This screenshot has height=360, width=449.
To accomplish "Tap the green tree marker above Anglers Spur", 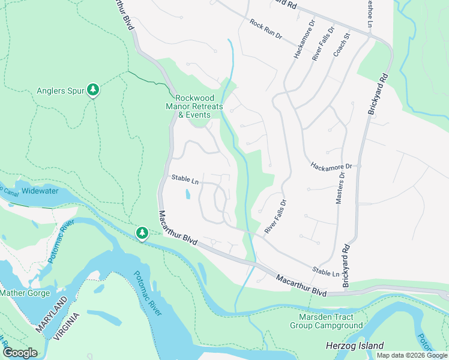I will (93, 90).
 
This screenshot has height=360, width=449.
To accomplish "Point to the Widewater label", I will (40, 191).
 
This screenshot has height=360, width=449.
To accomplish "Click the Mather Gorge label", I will (26, 293).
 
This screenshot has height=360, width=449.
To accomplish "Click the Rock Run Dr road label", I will (266, 29).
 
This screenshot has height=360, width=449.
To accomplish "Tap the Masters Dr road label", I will (340, 188).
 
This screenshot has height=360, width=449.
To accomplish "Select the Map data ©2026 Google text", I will (412, 355).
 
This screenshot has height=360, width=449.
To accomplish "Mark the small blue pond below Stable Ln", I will (187, 194).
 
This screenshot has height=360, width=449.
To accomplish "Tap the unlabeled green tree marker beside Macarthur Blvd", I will (142, 232).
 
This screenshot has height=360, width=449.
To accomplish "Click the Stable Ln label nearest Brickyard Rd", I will (326, 272).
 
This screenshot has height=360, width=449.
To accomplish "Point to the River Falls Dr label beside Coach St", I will (324, 43).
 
